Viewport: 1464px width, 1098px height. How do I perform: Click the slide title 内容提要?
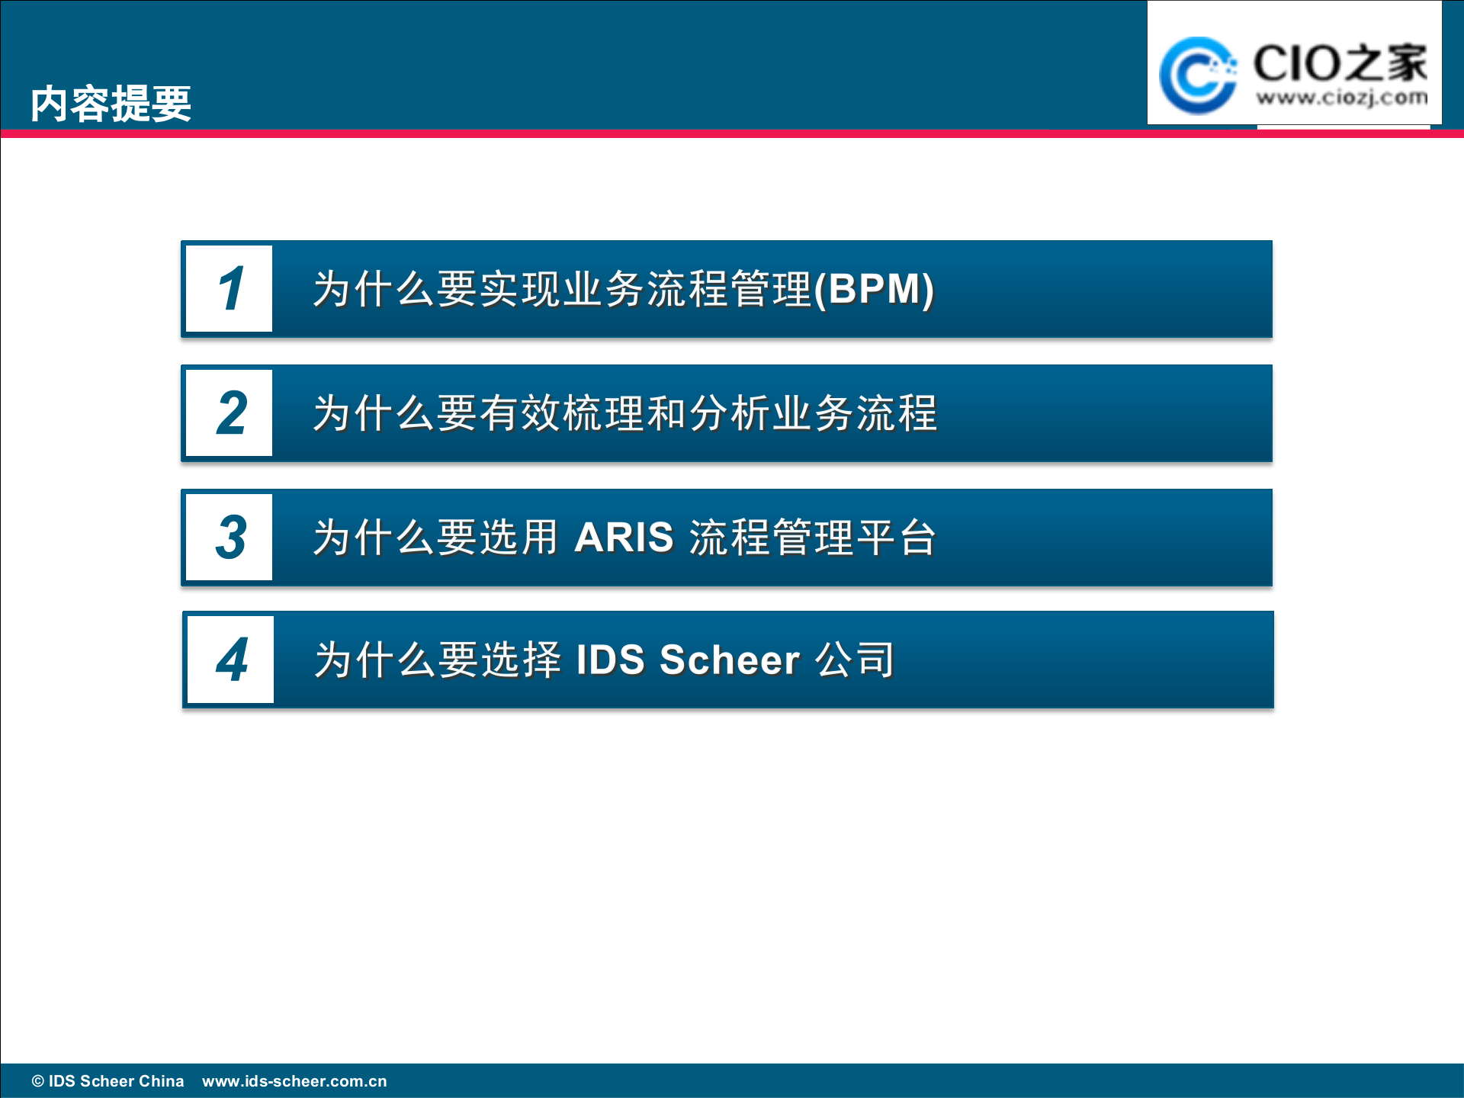point(111,104)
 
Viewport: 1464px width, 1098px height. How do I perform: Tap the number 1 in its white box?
point(230,289)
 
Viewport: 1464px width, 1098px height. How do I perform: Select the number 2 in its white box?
point(230,413)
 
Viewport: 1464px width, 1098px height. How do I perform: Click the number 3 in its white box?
point(230,538)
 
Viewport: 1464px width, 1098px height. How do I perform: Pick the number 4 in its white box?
point(231,660)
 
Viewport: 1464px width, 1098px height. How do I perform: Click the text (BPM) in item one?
point(874,290)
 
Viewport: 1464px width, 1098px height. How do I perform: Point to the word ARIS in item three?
point(624,538)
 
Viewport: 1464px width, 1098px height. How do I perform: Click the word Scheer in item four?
point(729,660)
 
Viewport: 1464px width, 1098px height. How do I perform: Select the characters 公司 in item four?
point(855,660)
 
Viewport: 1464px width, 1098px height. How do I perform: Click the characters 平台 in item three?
point(896,538)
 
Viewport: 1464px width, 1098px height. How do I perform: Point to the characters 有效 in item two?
point(520,414)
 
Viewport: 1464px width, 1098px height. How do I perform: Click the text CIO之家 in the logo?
point(1340,63)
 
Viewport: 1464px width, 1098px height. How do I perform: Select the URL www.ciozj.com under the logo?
point(1341,98)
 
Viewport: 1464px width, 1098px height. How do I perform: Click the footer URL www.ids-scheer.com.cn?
point(294,1081)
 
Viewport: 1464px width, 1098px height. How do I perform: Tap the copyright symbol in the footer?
point(38,1081)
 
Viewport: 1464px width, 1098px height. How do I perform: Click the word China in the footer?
point(161,1081)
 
